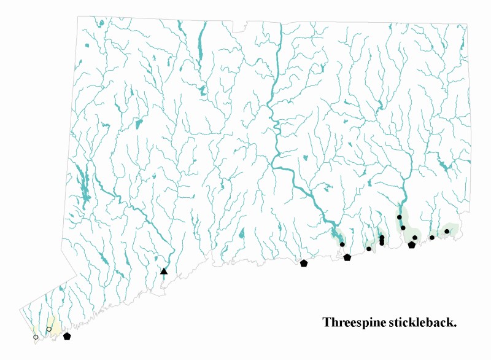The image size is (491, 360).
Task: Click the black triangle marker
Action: (x=164, y=271)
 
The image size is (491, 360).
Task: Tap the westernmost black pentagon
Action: (x=67, y=336)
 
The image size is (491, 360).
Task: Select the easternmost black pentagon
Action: (x=412, y=245)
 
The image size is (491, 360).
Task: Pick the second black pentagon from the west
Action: (x=304, y=264)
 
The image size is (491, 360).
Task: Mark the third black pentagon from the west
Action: (x=347, y=257)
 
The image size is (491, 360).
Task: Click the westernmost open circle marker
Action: (x=36, y=337)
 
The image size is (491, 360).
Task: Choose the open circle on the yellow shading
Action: (x=49, y=329)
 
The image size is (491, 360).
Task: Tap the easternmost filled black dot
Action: (x=447, y=232)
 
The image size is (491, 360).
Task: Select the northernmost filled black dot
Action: (x=400, y=217)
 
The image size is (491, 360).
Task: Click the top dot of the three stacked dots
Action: (x=382, y=237)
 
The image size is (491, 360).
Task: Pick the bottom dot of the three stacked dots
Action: (x=382, y=243)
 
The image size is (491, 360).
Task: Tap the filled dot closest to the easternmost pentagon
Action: (x=415, y=238)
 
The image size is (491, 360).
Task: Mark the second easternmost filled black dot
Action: (x=432, y=238)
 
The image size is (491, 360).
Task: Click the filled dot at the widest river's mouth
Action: (x=342, y=245)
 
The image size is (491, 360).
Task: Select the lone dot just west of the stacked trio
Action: (x=369, y=249)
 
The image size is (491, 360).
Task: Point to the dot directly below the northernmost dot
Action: (x=403, y=228)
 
